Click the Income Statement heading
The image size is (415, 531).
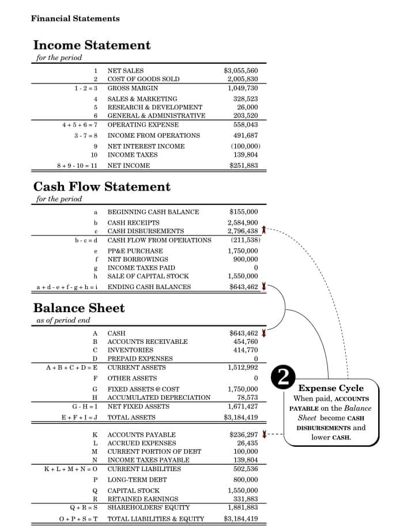point(92,45)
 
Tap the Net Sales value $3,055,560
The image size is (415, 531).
point(240,70)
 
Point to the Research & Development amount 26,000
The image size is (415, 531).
point(247,107)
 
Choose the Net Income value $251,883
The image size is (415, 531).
point(243,166)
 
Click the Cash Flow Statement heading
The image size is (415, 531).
point(102,187)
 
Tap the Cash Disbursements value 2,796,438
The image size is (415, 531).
point(242,231)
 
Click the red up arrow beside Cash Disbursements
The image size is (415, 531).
point(263,230)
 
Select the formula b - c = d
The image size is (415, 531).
point(86,240)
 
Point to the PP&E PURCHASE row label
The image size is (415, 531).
point(135,251)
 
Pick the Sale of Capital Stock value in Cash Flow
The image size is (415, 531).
point(243,276)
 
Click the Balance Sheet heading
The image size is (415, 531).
point(79,308)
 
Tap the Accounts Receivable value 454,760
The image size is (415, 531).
point(245,342)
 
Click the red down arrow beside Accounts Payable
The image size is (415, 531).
point(263,434)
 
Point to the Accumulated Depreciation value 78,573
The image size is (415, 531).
point(247,397)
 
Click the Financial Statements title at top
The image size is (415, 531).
point(76,18)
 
